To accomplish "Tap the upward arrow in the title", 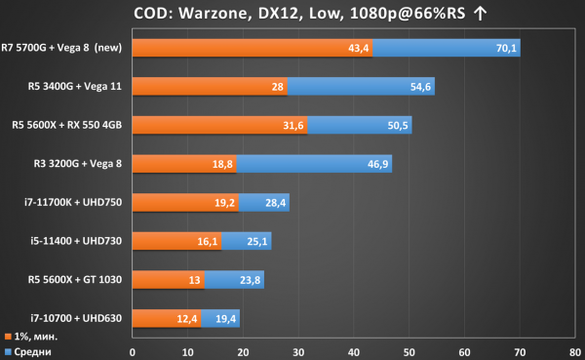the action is (x=480, y=14).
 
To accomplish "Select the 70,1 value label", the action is (x=506, y=48).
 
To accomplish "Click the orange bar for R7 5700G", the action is (x=253, y=48).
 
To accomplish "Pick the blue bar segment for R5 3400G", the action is (x=361, y=86).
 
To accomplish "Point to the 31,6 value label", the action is (x=292, y=126).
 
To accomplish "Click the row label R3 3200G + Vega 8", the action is (x=78, y=164).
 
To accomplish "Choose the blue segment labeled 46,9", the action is (x=314, y=164).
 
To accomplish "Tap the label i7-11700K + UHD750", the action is (x=73, y=202).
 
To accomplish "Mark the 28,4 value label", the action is (x=275, y=203).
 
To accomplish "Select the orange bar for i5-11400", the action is (x=176, y=241).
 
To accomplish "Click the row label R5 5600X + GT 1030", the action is (x=75, y=280).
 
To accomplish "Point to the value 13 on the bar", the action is (x=194, y=280).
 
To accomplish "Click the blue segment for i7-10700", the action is (x=220, y=318).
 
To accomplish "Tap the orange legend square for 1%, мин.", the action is (x=8, y=337).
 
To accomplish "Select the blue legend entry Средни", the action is (x=28, y=352).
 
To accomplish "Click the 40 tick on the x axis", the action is (x=354, y=352).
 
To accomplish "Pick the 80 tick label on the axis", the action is (x=575, y=352).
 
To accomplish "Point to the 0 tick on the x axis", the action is (x=133, y=352).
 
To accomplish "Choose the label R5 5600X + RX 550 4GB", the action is (x=66, y=125).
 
